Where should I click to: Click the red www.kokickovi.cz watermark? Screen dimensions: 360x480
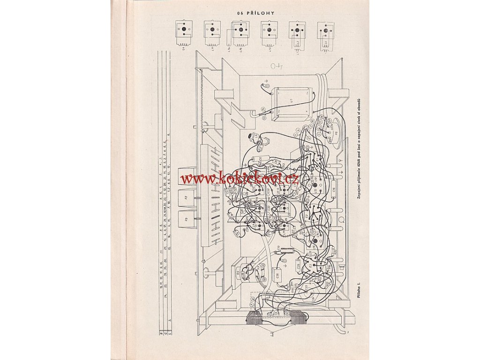tap(240, 178)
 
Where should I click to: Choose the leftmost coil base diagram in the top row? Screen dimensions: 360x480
tap(184, 32)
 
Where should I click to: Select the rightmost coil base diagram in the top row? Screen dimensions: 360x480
tap(325, 32)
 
